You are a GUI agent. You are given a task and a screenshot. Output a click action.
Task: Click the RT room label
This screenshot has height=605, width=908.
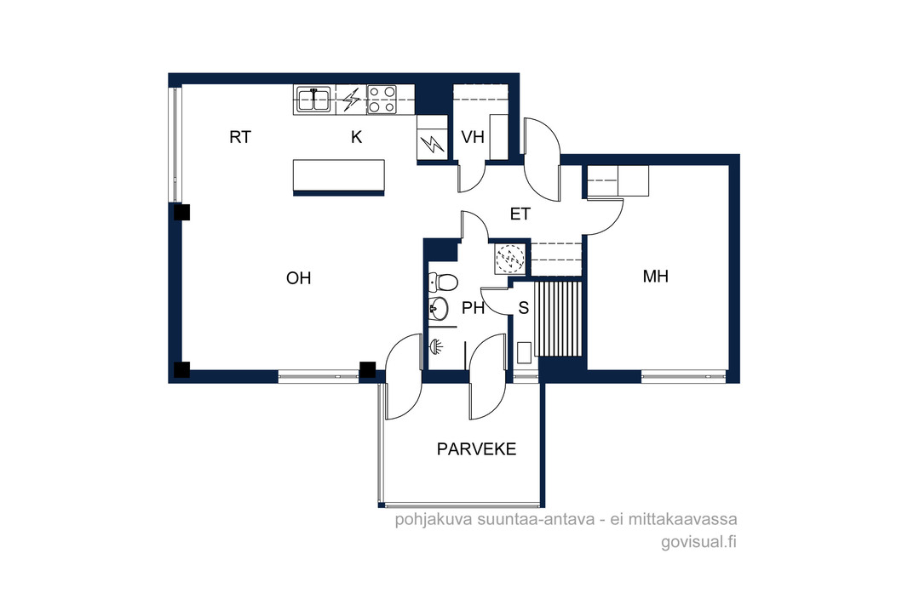coord(240,137)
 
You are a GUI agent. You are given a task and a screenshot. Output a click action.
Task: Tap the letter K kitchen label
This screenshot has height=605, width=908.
coord(357,137)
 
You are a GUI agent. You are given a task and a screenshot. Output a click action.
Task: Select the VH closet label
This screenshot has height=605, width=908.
coord(473,137)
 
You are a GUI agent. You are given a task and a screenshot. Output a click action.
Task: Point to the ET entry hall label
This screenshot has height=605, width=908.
coord(520,214)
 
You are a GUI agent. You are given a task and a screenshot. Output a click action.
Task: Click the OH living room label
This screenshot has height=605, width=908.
coord(299,278)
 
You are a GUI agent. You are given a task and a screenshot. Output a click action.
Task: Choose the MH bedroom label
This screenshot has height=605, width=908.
coord(656,277)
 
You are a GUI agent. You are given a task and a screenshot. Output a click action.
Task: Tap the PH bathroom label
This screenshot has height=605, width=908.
coord(473,308)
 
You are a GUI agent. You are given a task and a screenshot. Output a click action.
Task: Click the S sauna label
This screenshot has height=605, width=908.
coord(524,308)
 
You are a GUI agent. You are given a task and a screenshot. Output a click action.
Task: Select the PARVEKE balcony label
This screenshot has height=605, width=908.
coord(477,449)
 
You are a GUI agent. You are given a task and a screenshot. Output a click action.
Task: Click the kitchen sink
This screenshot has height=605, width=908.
coord(313,99)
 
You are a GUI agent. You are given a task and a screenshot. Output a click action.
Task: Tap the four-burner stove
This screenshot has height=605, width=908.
coord(382,99)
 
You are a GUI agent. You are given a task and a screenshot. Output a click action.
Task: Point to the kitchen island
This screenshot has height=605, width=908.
coord(339,177)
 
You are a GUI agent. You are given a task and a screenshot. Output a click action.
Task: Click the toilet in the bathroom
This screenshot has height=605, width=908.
coord(443,283)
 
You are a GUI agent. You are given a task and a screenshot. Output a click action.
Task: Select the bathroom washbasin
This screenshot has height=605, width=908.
coord(439,308)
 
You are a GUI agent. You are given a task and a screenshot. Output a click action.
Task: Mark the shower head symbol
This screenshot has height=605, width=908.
coord(436,346)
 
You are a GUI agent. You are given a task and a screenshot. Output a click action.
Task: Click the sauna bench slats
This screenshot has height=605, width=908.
coord(558,319)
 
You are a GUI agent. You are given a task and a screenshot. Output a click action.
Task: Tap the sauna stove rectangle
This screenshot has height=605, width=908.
coord(524,353)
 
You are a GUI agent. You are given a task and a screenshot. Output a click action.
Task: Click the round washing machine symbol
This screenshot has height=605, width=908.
coord(510,258)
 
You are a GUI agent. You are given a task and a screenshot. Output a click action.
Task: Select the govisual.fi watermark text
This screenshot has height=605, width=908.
coord(699,543)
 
